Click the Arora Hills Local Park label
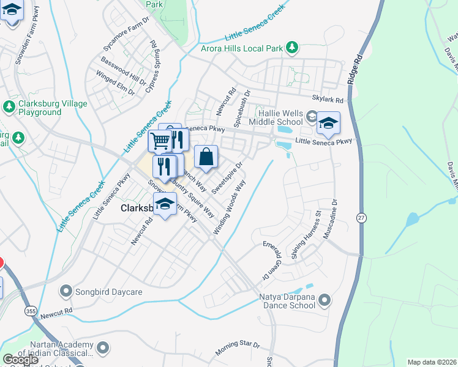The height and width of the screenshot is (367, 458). click(x=243, y=48)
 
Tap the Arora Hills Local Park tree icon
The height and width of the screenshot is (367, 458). click(x=293, y=46)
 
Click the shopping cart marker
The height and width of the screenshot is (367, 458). click(x=160, y=141)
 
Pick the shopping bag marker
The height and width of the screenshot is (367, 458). click(x=206, y=157)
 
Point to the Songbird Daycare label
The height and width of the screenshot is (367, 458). click(x=110, y=292)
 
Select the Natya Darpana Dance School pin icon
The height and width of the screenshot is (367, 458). click(x=325, y=300)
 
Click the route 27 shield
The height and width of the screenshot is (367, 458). click(x=361, y=217)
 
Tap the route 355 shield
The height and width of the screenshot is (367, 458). click(x=31, y=311)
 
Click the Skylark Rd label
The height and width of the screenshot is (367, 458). click(x=328, y=99)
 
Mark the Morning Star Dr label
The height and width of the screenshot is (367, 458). click(x=238, y=349)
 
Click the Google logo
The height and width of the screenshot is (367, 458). click(x=20, y=360)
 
